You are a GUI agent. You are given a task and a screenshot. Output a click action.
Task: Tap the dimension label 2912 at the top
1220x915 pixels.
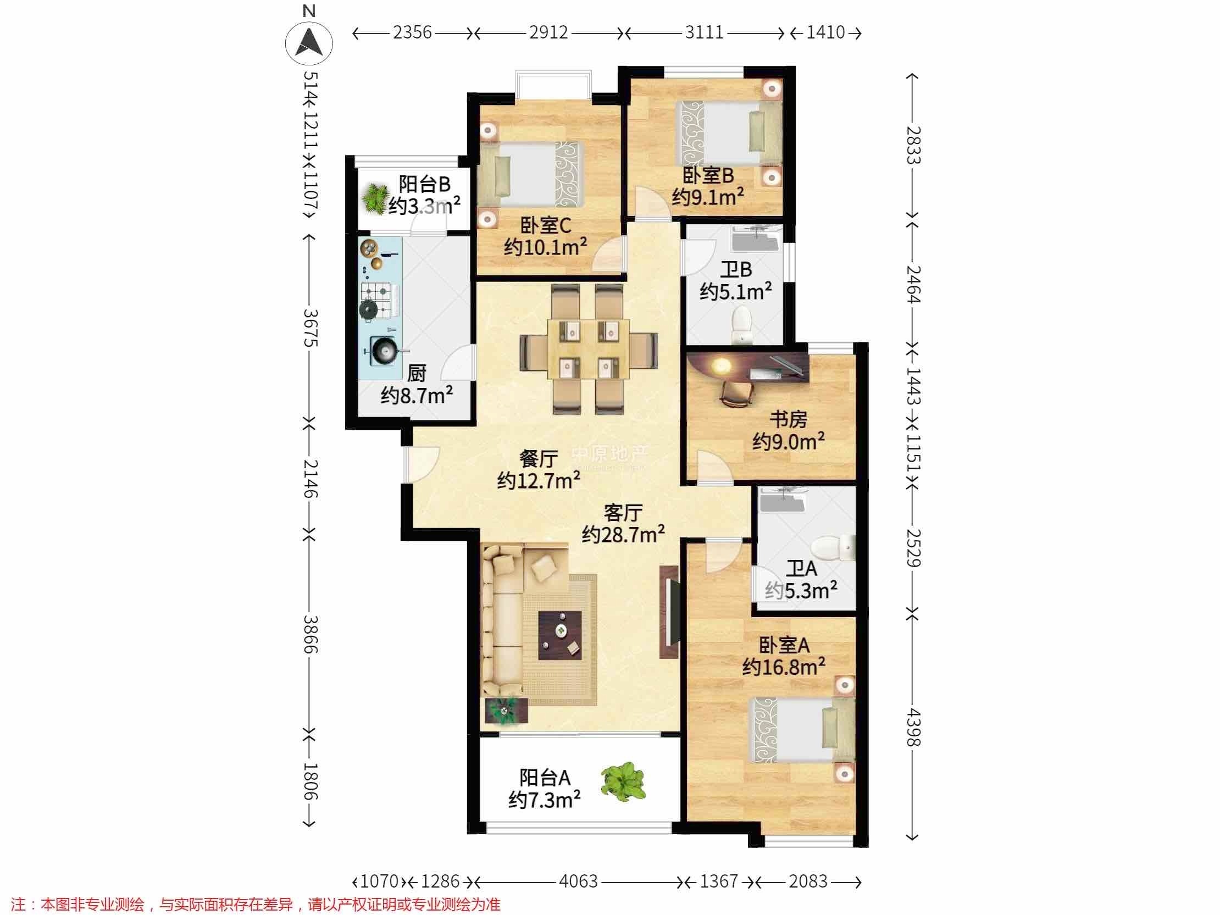(x=548, y=32)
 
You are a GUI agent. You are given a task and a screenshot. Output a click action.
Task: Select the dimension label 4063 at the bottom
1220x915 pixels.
(x=578, y=881)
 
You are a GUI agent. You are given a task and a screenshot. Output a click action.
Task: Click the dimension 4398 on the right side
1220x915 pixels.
(x=913, y=727)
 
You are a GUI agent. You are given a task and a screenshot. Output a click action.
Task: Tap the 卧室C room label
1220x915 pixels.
(x=546, y=225)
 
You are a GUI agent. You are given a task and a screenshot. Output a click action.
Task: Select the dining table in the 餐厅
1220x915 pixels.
(x=589, y=348)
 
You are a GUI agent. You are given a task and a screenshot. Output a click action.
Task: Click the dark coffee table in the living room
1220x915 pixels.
(x=561, y=635)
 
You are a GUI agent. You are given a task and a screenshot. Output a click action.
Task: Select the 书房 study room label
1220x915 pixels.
(x=788, y=419)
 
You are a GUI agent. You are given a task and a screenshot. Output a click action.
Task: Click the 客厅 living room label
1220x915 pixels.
(x=623, y=513)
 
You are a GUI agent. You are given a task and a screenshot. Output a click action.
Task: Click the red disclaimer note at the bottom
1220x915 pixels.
(x=256, y=904)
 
